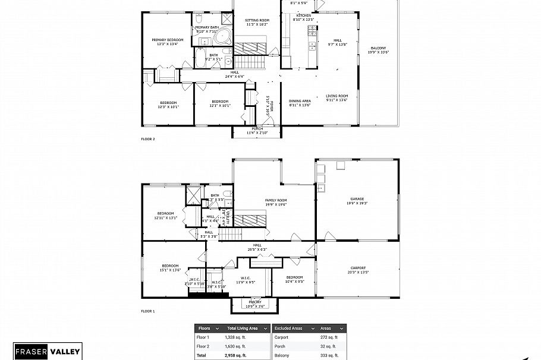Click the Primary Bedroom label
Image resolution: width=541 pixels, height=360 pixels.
point(167,42)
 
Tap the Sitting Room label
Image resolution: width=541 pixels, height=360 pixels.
point(257,23)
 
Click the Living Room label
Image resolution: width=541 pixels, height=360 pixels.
point(336,97)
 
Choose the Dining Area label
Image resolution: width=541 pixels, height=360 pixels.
point(300,103)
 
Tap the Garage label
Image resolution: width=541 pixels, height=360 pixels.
point(357,201)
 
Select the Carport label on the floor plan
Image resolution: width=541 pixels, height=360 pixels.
point(358,270)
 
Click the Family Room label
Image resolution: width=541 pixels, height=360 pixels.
point(276,202)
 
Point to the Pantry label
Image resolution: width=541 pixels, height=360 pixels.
point(255,304)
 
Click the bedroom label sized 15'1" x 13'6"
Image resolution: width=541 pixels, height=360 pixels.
point(170,267)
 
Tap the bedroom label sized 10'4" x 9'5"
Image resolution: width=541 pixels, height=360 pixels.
point(294,279)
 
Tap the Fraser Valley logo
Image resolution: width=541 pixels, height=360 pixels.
point(47,351)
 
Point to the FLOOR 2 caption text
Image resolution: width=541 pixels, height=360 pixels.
point(147,139)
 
